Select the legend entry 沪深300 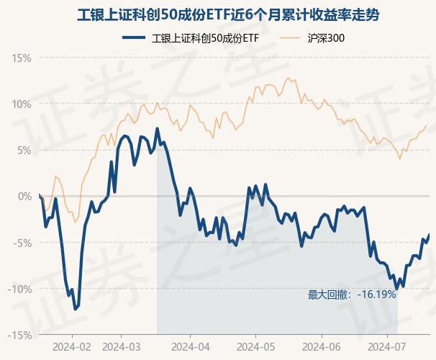click(x=326, y=38)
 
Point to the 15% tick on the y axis click(x=22, y=58)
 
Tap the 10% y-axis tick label click(x=22, y=104)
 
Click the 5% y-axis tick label click(x=24, y=150)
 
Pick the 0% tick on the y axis click(x=24, y=196)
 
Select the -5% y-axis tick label click(x=23, y=243)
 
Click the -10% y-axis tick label click(x=21, y=289)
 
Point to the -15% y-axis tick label click(x=21, y=335)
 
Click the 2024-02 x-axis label click(x=73, y=346)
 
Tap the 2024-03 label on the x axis click(x=122, y=346)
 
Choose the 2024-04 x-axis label click(x=189, y=346)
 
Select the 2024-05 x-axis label click(x=256, y=346)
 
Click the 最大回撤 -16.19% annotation click(x=352, y=294)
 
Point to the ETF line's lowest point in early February click(x=75, y=309)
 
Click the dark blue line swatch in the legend click(x=137, y=38)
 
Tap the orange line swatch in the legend click(x=291, y=38)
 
